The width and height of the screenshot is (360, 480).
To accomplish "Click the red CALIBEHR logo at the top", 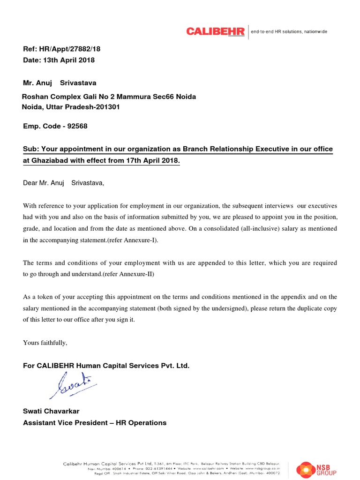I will tap(215, 31).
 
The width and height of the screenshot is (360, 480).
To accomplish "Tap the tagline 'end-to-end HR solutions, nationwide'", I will tap(289, 32).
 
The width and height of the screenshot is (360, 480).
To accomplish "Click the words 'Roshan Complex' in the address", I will tap(45, 97).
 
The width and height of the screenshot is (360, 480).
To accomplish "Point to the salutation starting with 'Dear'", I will tap(64, 183).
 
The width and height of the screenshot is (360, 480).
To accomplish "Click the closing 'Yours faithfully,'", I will tap(45, 343).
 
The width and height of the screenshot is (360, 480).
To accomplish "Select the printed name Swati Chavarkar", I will tap(51, 411).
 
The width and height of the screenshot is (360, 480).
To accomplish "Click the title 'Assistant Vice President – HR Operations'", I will tap(95, 423).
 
